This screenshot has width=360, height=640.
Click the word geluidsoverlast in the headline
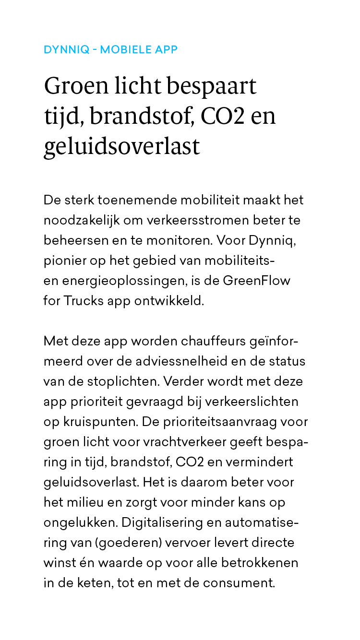coord(121,146)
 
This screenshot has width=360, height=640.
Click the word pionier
coord(62,261)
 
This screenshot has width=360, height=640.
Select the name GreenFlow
coord(256,281)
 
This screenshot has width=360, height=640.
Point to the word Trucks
coord(83,301)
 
